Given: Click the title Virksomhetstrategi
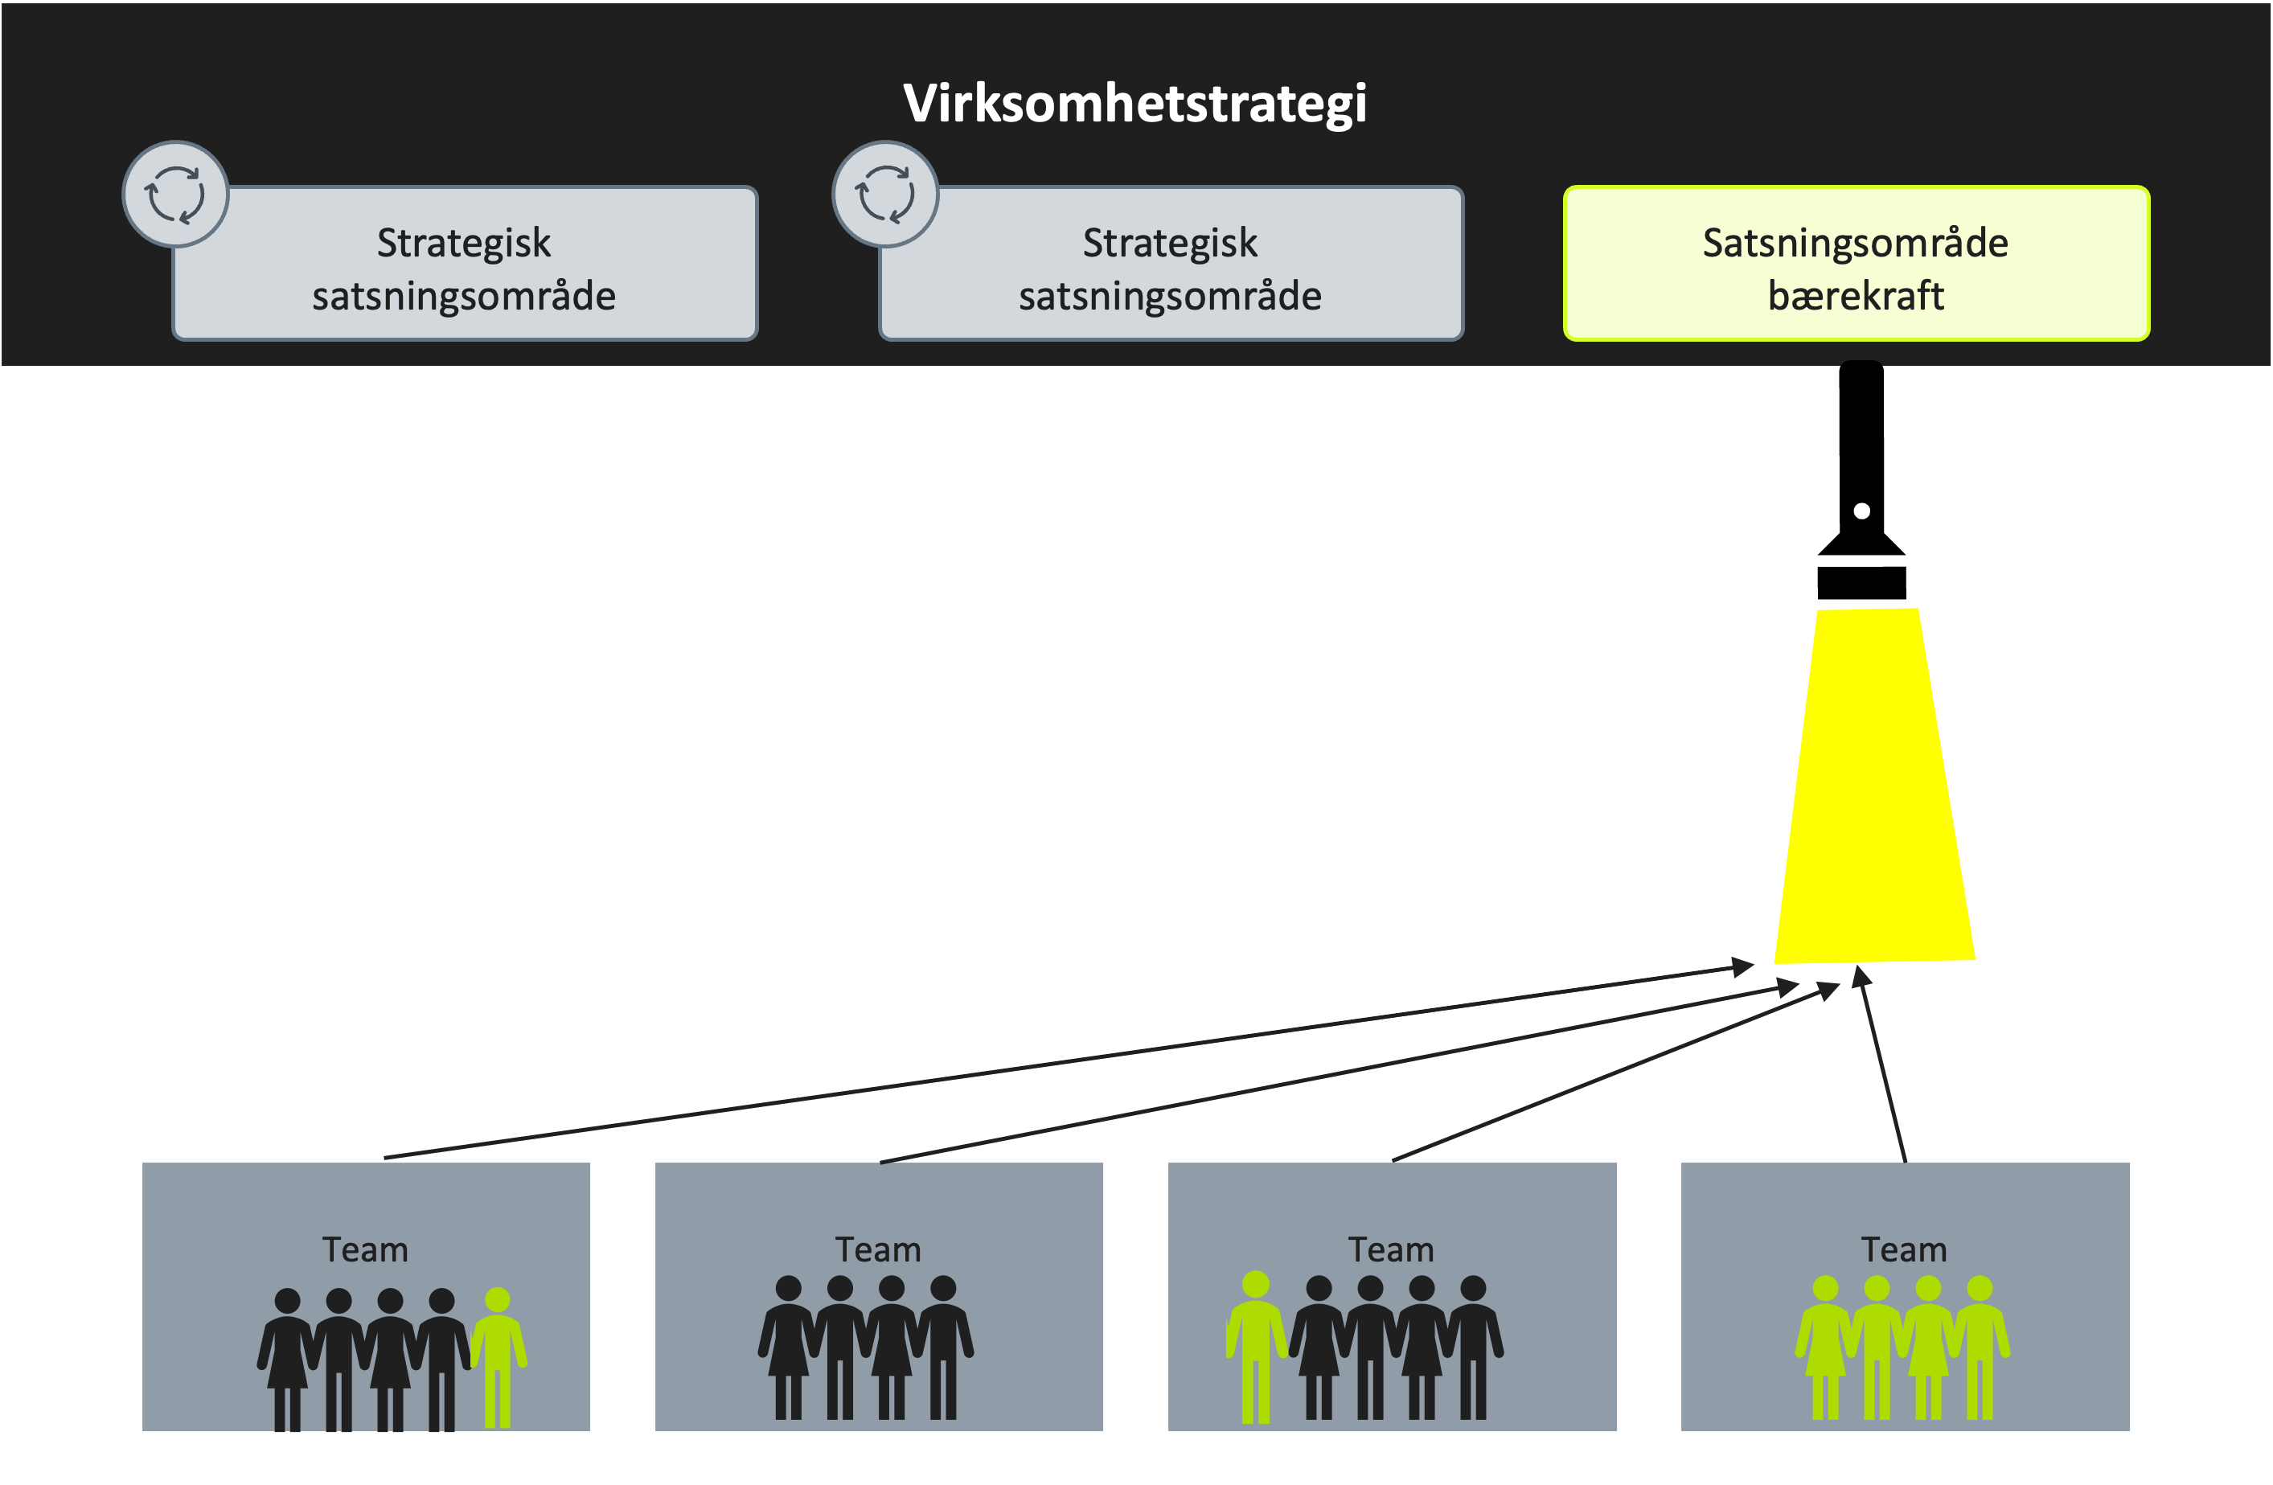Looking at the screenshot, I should pyautogui.click(x=1134, y=103).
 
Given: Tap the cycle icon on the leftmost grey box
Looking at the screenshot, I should pyautogui.click(x=176, y=194).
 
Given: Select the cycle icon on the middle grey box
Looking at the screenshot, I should pyautogui.click(x=885, y=194).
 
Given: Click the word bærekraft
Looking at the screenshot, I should pyautogui.click(x=1855, y=296).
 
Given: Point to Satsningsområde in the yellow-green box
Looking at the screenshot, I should pyautogui.click(x=1855, y=244).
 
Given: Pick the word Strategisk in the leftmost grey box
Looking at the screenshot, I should pyautogui.click(x=463, y=244).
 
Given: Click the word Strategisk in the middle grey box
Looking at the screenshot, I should pyautogui.click(x=1170, y=244).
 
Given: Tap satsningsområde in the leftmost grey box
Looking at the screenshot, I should pyautogui.click(x=463, y=296).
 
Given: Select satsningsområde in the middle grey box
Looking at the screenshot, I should pyautogui.click(x=1170, y=296).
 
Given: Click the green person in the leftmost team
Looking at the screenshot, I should pyautogui.click(x=498, y=1356).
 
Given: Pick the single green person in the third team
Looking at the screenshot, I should pyautogui.click(x=1256, y=1347).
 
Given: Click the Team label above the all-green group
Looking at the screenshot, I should pyautogui.click(x=1903, y=1250).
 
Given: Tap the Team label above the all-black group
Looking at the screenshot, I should pyautogui.click(x=878, y=1250).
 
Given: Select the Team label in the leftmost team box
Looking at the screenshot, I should pyautogui.click(x=365, y=1250).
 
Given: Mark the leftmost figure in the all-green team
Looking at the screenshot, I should pyautogui.click(x=1825, y=1347).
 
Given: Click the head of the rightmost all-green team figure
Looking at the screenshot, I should pyautogui.click(x=1980, y=1288).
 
